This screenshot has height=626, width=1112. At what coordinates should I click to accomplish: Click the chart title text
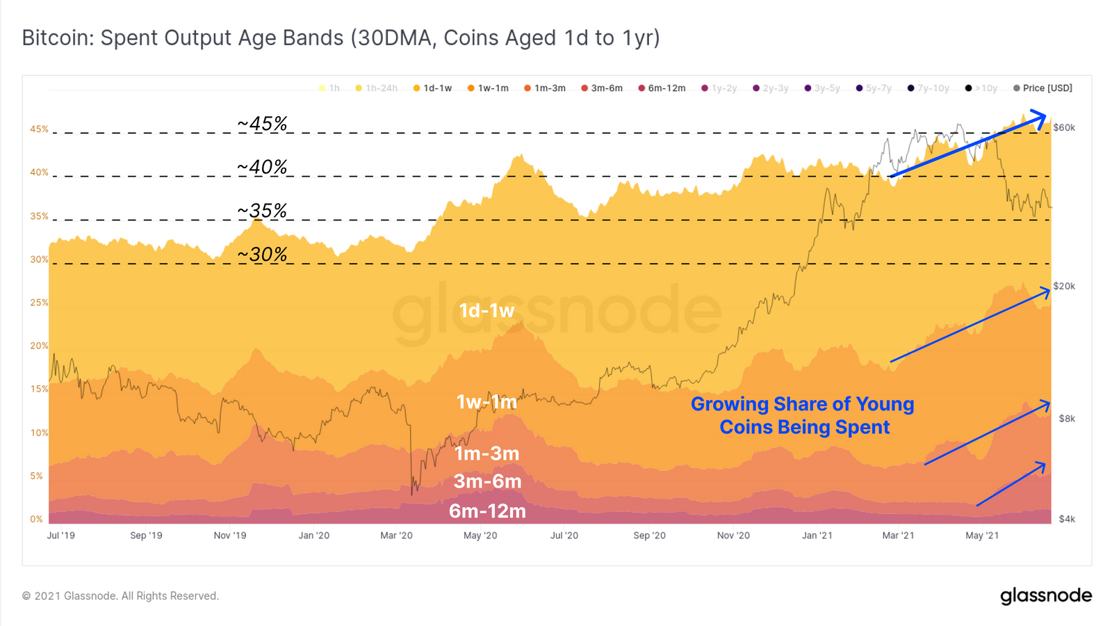pos(341,38)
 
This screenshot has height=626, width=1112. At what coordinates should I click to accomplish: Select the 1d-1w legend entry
pos(433,88)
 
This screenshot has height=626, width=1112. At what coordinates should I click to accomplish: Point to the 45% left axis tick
pos(39,129)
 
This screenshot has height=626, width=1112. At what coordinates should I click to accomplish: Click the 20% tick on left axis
pos(39,346)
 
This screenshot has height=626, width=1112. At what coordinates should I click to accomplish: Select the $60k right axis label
pos(1064,127)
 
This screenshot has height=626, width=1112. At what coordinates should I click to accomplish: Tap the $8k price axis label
pos(1067,419)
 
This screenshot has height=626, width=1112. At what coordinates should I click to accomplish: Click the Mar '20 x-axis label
pos(396,536)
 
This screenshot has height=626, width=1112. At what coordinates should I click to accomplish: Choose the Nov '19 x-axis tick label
pos(230,536)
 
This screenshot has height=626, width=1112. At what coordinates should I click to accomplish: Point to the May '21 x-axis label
pos(982,536)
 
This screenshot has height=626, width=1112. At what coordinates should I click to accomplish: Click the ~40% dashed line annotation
pos(262,168)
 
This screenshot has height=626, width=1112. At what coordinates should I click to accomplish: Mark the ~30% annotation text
pos(262,255)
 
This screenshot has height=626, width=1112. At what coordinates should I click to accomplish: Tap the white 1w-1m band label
pos(486,402)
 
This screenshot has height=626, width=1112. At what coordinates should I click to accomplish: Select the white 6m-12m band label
pos(487,511)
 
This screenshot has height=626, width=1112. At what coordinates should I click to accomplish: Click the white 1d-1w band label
pos(486,310)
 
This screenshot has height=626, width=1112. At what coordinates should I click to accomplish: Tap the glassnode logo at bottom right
pos(1046,596)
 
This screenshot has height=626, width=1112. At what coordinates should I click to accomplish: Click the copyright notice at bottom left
pos(120,596)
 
